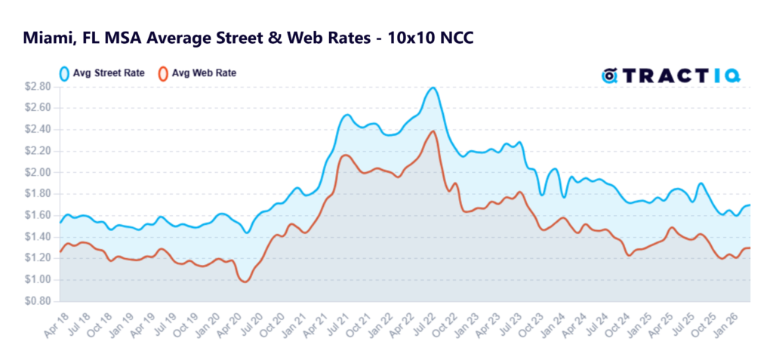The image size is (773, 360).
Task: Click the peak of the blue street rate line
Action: [x=432, y=88]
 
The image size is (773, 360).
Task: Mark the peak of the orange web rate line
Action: [x=433, y=131]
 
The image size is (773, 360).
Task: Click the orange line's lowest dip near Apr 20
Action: [x=244, y=282]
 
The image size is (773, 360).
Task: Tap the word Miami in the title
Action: [x=45, y=37]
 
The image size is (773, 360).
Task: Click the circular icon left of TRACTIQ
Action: [x=609, y=75]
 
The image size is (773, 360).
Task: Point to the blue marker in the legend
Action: [x=65, y=74]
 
